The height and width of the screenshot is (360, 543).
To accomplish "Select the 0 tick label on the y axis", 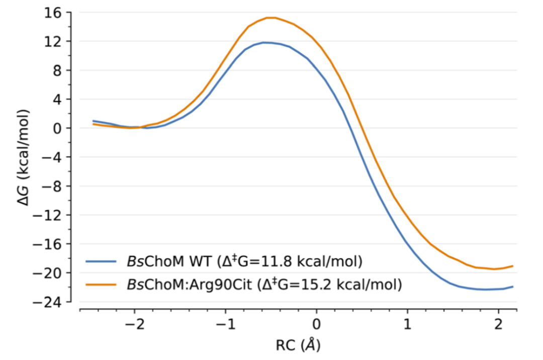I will [61, 128].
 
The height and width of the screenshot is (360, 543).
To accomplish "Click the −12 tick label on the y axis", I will [53, 215].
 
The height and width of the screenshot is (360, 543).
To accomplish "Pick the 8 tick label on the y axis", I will [61, 70].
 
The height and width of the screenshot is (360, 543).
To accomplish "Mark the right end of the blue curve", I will [513, 287].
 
